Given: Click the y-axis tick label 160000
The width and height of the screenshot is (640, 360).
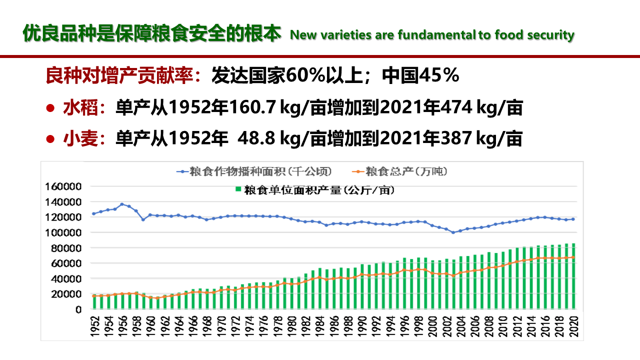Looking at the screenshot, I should click(x=63, y=186).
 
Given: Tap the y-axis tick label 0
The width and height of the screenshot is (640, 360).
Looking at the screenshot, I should click(x=78, y=309).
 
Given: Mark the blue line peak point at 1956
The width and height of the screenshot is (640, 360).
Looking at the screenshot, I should click(x=122, y=204).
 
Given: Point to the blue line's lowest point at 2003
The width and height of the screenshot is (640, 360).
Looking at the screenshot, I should click(x=453, y=232).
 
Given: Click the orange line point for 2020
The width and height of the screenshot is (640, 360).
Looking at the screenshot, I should click(x=573, y=257).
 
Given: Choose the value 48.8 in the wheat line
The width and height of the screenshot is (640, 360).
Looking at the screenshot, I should click(x=258, y=138).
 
